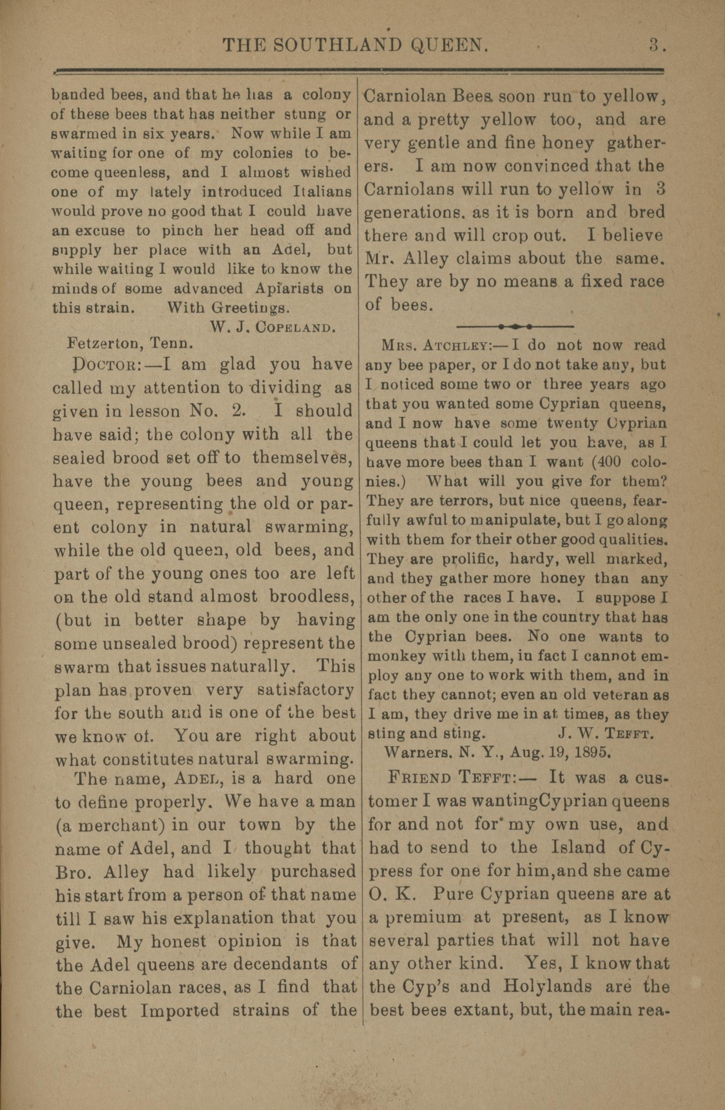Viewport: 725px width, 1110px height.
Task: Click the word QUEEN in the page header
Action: [449, 46]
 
